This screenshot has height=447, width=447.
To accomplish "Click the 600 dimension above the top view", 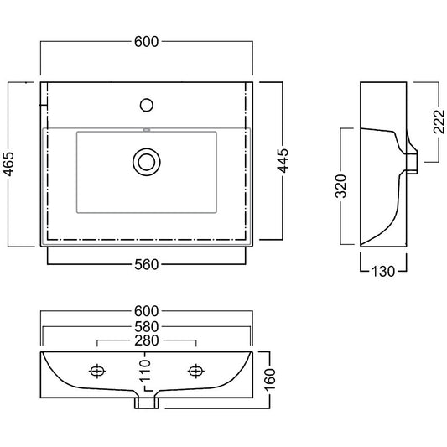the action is click(x=146, y=42).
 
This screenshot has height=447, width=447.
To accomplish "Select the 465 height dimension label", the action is click(x=8, y=164).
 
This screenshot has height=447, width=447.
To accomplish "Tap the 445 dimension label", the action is click(x=283, y=160).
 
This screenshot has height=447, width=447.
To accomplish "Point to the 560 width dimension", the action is click(x=147, y=264).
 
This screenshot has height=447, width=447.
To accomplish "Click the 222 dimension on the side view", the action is click(x=439, y=122).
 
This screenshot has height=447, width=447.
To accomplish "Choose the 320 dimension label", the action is click(x=341, y=186).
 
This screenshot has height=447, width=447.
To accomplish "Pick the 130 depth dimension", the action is click(x=383, y=272).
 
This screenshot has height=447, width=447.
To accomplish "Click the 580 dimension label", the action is click(x=147, y=327).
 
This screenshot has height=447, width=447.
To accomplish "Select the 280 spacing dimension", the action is click(x=147, y=340).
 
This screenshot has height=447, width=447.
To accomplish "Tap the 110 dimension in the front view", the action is click(x=145, y=371).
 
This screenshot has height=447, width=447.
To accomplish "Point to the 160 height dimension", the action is click(x=270, y=380).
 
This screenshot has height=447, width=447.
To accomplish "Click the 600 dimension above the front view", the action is click(x=146, y=311).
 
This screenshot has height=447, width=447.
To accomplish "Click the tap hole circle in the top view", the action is click(x=147, y=105).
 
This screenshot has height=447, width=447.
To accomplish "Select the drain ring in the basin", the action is click(x=147, y=162).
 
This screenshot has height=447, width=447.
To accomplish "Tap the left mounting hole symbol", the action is click(x=97, y=371).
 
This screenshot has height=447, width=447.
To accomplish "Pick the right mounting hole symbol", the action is click(x=196, y=371).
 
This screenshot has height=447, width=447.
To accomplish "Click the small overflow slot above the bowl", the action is click(x=147, y=130).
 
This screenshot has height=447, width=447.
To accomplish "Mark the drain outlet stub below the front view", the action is click(x=146, y=403).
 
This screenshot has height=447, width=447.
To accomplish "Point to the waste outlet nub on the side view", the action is click(x=412, y=164).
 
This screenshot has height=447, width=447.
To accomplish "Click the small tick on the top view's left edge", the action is click(x=44, y=105).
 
